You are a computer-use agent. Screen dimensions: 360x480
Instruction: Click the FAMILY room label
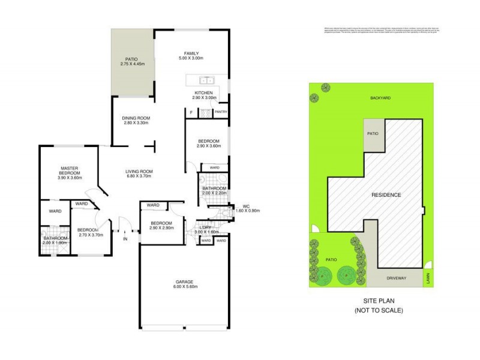point(192,53)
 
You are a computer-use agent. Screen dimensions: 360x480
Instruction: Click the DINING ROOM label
point(136,118)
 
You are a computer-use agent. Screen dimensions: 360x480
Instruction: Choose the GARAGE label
point(185,281)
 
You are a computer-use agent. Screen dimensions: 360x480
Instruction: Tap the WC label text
point(245,206)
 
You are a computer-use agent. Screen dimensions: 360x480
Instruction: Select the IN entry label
point(125,239)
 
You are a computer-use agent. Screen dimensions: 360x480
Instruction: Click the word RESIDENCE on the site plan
point(386,196)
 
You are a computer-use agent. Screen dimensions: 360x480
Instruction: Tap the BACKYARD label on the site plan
point(380,97)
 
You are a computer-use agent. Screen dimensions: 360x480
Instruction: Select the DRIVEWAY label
point(397,278)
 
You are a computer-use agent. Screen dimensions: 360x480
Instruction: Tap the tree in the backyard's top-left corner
point(325,87)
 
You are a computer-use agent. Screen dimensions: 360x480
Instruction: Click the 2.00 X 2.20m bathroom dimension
point(214,193)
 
